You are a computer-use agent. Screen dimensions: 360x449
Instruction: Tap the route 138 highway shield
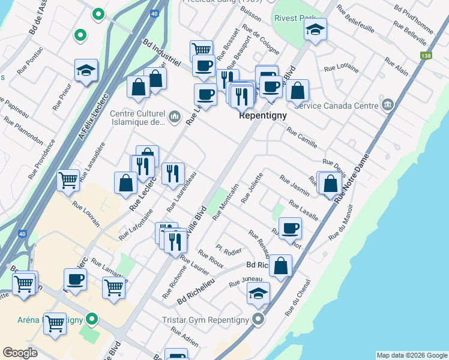coord(426,56)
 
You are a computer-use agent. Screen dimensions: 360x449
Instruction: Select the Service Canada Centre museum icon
coord(388,106)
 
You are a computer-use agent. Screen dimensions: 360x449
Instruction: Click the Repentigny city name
coord(263,115)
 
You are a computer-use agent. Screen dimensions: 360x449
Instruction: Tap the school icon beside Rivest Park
coord(315,29)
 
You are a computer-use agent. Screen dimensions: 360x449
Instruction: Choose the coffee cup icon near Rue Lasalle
coord(290,227)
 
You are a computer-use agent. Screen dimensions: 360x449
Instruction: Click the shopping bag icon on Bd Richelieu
coord(280,265)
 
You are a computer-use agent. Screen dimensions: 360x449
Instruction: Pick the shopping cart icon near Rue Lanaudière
coord(68,179)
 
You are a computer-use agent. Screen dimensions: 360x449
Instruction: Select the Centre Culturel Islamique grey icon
coord(175,116)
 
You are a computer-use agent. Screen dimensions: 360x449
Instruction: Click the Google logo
coord(20,352)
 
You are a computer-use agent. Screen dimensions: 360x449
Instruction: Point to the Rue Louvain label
coord(86,213)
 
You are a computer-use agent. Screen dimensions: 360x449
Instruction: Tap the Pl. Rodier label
coord(229,249)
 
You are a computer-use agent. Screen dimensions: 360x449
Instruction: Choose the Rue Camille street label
coord(302,139)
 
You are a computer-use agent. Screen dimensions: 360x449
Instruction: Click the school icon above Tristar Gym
coord(258,293)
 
